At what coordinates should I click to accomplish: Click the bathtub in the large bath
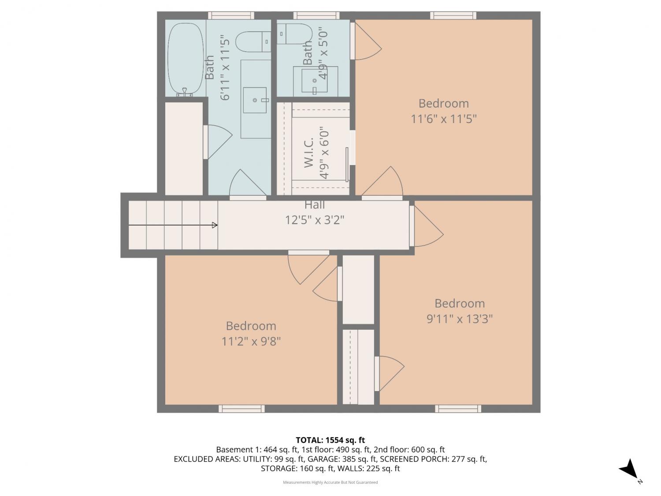186,59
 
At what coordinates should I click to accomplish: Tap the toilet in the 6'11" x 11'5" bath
253,41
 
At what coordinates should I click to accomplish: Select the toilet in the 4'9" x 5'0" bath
294,34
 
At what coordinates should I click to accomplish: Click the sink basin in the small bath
315,80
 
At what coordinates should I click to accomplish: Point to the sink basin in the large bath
255,100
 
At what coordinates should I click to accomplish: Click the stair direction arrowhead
215,225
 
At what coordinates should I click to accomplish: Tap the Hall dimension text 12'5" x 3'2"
314,220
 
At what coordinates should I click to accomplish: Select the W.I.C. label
308,153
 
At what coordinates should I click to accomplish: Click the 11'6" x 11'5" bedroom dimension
444,119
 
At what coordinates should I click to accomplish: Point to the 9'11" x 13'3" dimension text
460,319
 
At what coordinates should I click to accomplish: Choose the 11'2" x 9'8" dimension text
251,342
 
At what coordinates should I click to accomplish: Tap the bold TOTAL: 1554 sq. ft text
330,440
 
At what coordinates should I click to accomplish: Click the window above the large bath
231,15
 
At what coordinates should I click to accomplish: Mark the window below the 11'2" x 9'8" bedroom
241,409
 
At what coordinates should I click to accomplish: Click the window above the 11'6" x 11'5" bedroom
453,15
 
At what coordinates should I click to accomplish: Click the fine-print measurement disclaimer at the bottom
330,482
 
